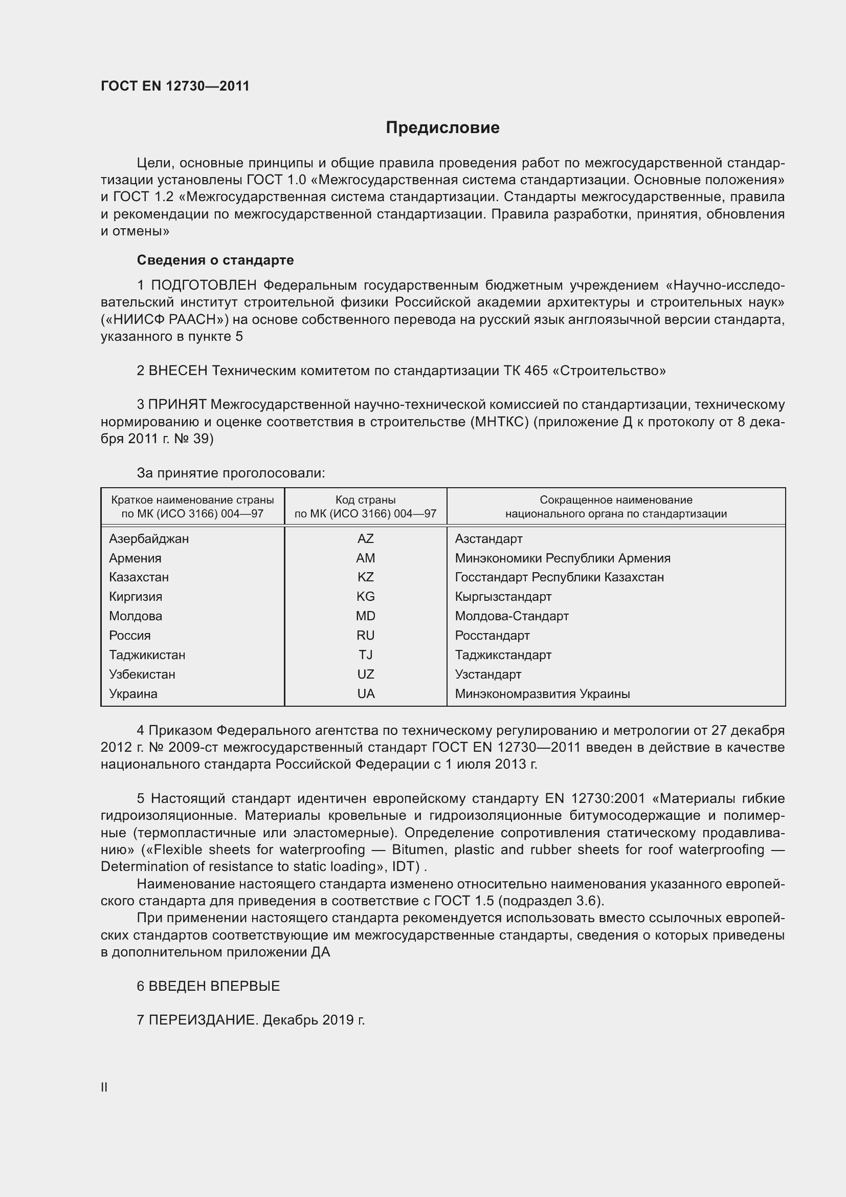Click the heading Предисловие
442,128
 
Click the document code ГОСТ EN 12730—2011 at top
175,86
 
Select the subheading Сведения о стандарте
215,259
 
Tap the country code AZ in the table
365,538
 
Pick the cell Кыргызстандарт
503,596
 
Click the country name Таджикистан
147,655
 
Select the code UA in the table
366,693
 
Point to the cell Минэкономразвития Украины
542,693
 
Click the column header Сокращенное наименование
616,499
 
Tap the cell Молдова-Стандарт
511,616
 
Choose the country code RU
365,635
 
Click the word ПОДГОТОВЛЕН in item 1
204,285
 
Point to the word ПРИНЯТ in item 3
177,405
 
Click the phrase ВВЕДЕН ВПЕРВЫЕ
214,986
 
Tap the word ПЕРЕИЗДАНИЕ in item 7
203,1020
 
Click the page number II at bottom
104,1087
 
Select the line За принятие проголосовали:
231,473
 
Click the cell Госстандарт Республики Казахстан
559,577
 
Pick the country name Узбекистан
142,674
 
